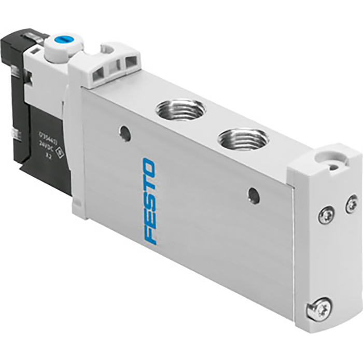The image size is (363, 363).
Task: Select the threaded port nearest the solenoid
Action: click(180, 109)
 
